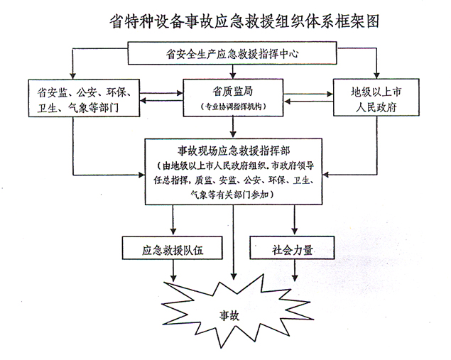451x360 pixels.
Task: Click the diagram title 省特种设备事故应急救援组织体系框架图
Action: pos(244,21)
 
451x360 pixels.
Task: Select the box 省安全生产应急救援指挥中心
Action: pos(232,53)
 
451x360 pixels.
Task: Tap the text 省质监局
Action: pos(233,91)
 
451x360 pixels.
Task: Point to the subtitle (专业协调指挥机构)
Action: pos(233,107)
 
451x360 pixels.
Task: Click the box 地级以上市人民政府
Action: pos(376,97)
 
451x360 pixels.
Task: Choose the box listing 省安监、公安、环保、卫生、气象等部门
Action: pos(84,98)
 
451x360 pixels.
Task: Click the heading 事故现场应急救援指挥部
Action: pos(234,151)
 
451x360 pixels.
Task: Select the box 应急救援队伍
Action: pos(173,248)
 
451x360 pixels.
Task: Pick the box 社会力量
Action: pos(292,248)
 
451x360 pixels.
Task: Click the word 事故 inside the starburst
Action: pos(229,315)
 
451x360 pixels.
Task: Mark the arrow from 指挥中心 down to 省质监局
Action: pos(233,72)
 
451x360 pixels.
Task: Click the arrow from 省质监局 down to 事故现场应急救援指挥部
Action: pos(233,127)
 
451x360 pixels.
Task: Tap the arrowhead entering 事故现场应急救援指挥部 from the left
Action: pos(141,175)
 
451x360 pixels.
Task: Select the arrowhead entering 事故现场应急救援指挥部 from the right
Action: pos(325,175)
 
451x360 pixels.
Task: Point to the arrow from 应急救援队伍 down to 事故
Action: pos(173,271)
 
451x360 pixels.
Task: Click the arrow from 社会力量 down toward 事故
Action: pos(295,271)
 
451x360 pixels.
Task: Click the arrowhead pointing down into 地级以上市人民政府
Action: pos(376,75)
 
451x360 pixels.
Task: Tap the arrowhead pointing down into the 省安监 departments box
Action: pos(73,76)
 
